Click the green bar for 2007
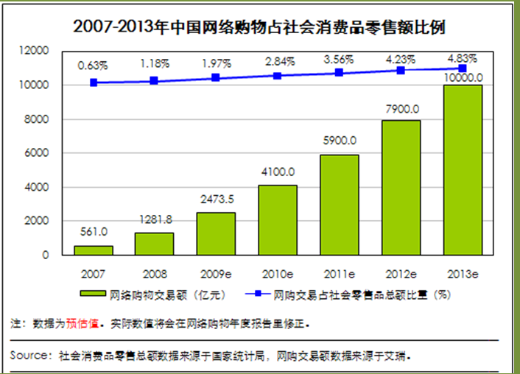(93, 250)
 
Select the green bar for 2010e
(277, 220)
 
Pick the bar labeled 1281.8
(154, 244)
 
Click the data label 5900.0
(340, 141)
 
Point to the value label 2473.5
(217, 199)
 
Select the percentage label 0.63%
(94, 66)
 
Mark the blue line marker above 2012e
(401, 71)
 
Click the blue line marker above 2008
(154, 80)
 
